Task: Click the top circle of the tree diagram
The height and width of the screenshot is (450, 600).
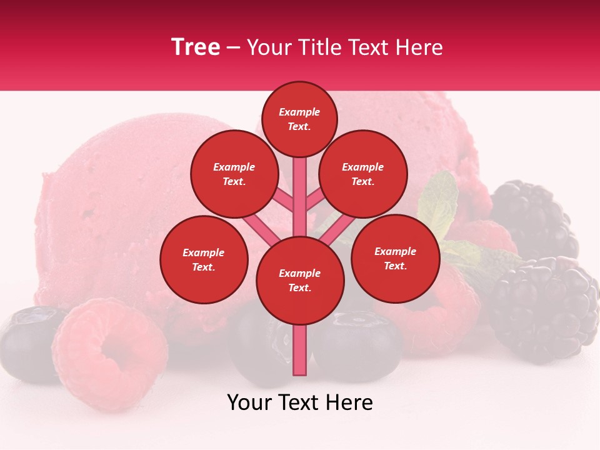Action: tap(299, 119)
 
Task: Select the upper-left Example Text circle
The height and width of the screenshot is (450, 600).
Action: tap(234, 174)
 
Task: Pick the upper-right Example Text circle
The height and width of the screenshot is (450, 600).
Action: tap(363, 174)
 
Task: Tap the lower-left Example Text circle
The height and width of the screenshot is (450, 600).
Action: tap(204, 260)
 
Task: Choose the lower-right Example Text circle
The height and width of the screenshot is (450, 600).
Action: tap(395, 259)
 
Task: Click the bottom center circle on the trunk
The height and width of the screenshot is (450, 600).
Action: tap(300, 281)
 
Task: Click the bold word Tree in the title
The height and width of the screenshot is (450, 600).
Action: tap(196, 47)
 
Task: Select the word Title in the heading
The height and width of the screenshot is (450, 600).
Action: tap(319, 47)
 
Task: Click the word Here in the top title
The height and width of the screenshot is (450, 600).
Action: tap(420, 47)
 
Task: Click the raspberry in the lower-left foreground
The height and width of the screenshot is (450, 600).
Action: tap(109, 353)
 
